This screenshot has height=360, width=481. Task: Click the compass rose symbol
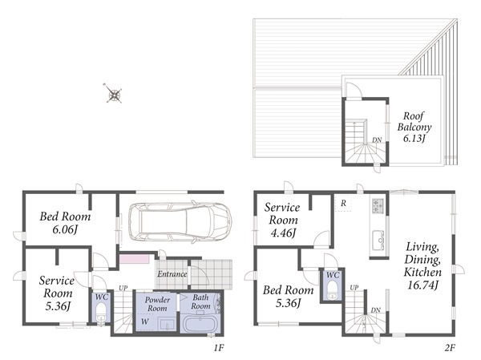pos(114,93)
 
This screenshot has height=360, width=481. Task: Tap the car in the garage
pos(180,222)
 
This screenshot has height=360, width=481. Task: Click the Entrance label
pos(172,274)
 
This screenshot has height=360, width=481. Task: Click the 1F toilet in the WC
pos(101,313)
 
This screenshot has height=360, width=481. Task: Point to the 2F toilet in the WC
pos(332,290)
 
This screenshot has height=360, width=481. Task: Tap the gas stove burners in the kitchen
pos(378,205)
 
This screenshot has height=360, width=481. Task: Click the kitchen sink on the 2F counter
pos(378,241)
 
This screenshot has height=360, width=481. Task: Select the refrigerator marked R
pos(343,203)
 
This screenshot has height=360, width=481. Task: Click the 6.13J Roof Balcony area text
pos(414,139)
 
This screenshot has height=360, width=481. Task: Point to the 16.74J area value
pos(422,285)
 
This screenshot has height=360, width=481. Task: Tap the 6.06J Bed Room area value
pos(64,229)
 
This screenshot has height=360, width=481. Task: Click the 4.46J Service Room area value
pos(283,233)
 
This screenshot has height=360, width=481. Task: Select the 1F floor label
pos(219,347)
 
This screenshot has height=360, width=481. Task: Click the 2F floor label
pos(450,347)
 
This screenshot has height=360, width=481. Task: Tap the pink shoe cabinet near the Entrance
pos(134,258)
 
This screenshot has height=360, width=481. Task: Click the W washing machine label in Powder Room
pos(145,322)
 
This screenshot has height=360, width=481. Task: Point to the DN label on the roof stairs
pos(377,140)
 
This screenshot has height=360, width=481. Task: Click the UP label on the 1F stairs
pos(123,288)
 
